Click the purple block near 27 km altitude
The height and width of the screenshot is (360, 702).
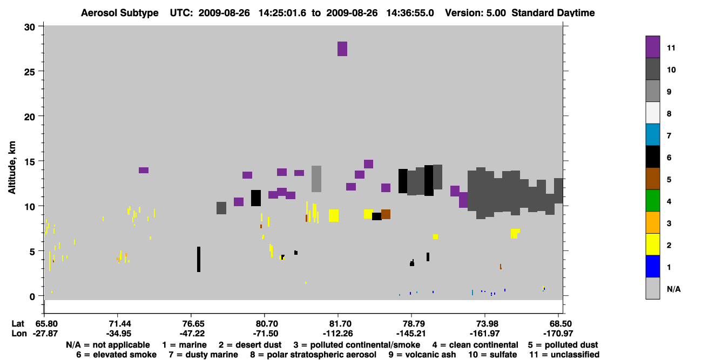point(342,49)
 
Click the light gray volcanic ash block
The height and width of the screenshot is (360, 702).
point(316,179)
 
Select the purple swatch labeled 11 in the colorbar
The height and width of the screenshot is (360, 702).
point(653,47)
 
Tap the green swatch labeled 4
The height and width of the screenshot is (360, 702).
point(653,201)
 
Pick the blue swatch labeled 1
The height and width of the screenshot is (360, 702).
point(653,266)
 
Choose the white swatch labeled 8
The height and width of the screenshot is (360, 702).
point(653,113)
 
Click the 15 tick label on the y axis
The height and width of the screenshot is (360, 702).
point(30,162)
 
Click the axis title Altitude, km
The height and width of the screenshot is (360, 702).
point(11,168)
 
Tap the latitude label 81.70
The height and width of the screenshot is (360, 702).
point(338,324)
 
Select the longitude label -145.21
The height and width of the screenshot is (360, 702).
point(411,334)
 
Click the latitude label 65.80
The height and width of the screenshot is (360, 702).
point(44,324)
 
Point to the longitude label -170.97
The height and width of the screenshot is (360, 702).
point(558,334)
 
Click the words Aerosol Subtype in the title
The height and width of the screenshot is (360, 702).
point(120,13)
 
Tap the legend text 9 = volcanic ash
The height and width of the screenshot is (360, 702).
point(422,355)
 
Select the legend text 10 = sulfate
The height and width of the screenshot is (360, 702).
point(492,355)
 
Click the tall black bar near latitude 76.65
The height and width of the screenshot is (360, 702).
point(199,259)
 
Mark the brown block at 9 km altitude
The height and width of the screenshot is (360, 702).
point(386,214)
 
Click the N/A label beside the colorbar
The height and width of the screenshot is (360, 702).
point(673,289)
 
